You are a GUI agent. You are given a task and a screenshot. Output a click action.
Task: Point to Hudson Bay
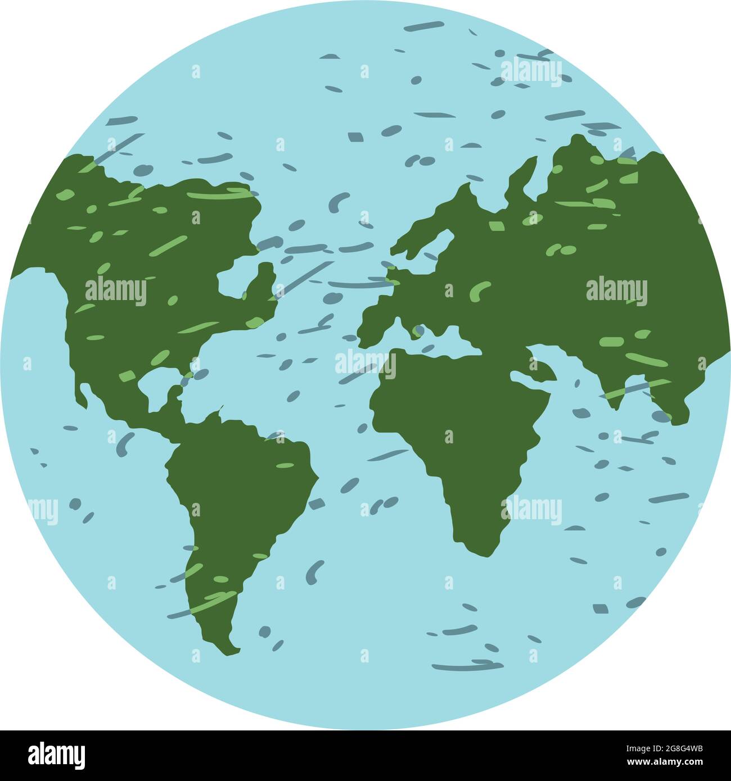click(x=242, y=275)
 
